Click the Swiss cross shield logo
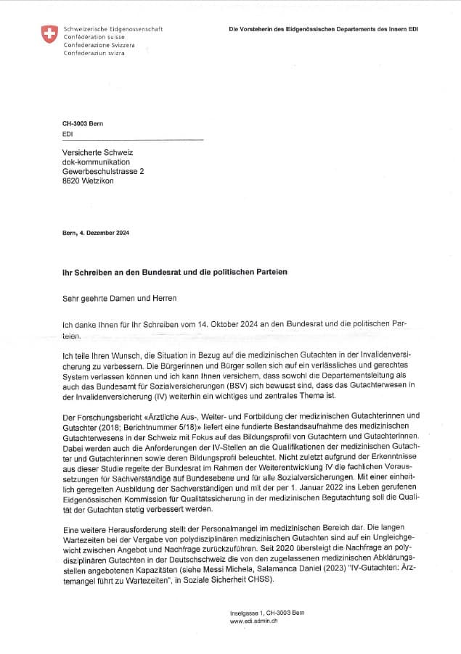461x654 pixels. [49, 34]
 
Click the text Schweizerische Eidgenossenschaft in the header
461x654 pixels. [113, 29]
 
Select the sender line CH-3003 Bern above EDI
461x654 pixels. [83, 124]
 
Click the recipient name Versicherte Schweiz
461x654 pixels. [97, 152]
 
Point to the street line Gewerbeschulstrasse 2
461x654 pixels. [103, 171]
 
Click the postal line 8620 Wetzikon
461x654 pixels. [88, 181]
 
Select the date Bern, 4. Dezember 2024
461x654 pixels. [96, 233]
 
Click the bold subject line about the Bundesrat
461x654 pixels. [175, 271]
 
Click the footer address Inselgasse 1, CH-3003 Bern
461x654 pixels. [266, 613]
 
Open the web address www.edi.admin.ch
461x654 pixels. [253, 621]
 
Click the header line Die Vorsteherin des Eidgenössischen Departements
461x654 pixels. [323, 30]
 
